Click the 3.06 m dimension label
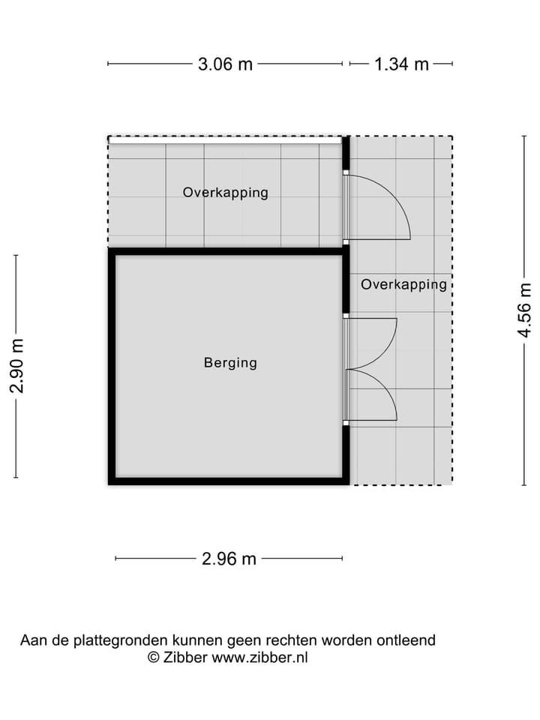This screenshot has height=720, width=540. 225,64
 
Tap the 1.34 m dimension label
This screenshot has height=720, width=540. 401,64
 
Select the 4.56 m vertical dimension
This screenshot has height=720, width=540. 525,310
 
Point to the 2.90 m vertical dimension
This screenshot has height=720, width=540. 16,366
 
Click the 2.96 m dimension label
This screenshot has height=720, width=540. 229,559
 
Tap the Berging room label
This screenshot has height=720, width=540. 230,363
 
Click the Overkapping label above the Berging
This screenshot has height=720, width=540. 226,193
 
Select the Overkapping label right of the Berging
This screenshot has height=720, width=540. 403,284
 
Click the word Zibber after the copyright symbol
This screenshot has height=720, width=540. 185,658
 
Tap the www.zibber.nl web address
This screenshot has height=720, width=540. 259,658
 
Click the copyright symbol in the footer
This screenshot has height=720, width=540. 153,658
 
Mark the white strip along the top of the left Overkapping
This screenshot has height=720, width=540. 226,140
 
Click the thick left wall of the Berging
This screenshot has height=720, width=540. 112,367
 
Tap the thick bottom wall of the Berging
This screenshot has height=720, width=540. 229,481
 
